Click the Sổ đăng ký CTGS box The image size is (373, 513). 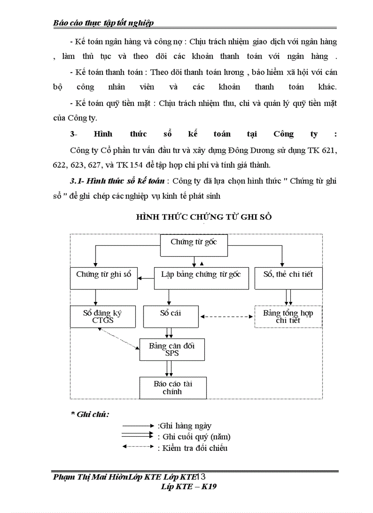103,317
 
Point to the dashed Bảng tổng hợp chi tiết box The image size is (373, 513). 288,317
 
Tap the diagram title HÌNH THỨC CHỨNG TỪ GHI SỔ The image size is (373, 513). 204,217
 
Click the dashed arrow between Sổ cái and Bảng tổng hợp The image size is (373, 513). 227,316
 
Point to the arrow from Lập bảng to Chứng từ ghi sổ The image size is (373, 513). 146,278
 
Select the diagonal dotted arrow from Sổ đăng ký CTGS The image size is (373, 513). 118,338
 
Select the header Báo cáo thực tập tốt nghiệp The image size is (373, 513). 104,22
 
